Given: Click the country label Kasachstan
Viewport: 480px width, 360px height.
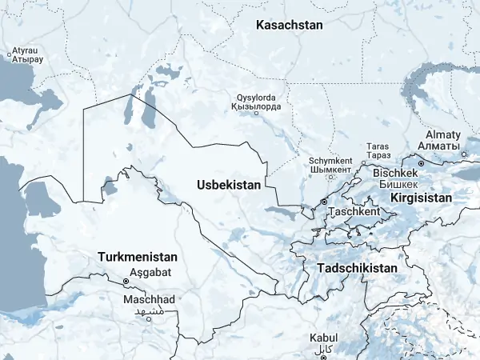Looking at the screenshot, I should point(289,25).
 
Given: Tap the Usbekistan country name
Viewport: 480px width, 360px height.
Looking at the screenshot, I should point(229,185).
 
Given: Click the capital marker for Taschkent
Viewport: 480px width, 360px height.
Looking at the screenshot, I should point(324,202).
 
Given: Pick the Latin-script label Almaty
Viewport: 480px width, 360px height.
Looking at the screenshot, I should point(442,134).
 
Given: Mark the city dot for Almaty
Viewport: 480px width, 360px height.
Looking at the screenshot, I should point(465,154).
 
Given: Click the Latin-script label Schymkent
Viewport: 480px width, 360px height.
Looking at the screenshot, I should point(330,159).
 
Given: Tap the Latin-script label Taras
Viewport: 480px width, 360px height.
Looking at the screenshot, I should point(377,146).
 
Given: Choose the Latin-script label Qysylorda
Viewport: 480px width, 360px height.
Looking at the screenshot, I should point(255,95).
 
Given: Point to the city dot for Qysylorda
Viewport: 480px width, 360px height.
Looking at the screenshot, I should point(256,113).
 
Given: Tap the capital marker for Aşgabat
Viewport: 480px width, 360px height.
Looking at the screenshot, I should point(126,281).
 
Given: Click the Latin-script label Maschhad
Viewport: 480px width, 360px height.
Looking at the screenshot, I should point(149,298).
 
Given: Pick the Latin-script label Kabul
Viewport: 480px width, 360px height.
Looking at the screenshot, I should point(324,338).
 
